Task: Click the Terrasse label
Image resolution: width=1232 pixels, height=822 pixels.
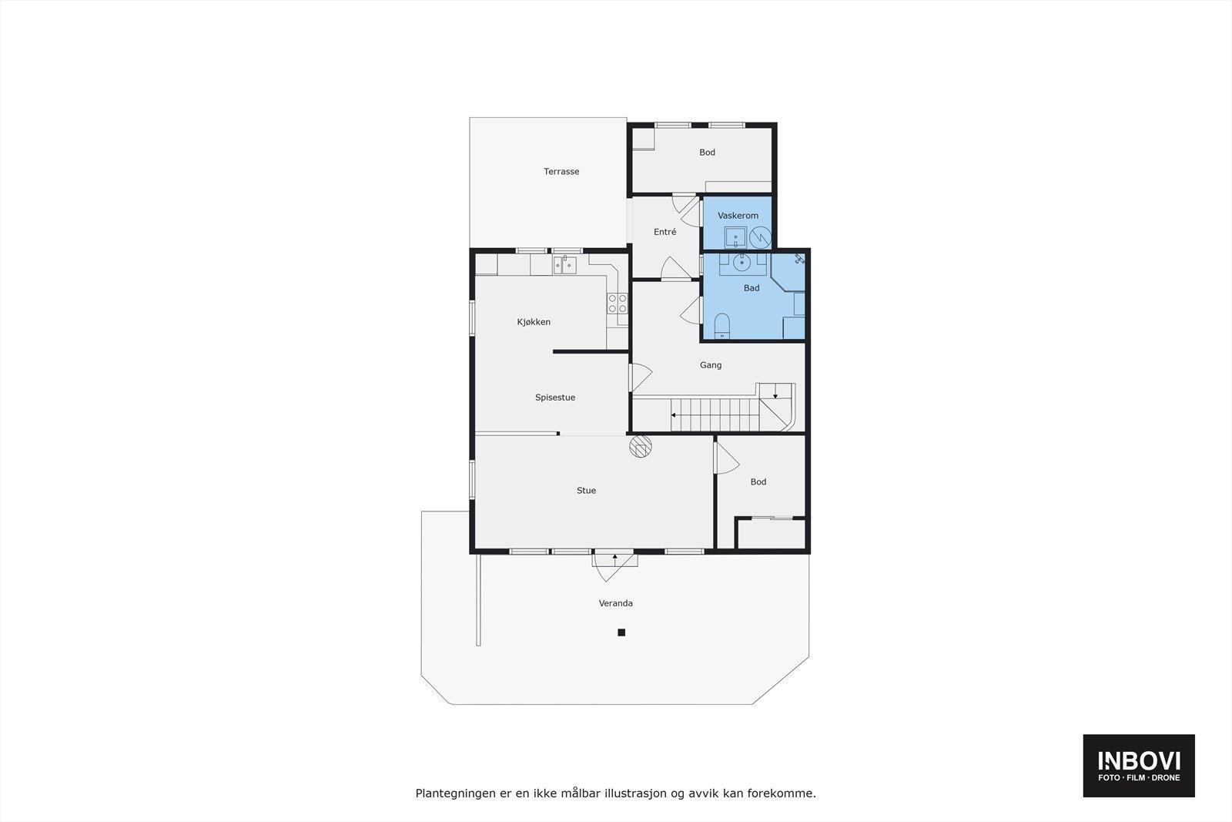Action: [561, 172]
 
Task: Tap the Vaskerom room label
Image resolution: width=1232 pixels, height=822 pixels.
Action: [738, 216]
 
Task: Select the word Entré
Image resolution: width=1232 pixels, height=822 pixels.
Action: [665, 232]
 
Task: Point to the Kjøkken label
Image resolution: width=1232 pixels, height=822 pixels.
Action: [534, 322]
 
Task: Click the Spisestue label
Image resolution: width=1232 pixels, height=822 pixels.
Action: [555, 398]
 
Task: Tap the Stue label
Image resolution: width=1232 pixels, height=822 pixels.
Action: [586, 491]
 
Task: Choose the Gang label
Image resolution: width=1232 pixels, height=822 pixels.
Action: [710, 365]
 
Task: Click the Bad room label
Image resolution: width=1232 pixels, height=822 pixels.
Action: [752, 288]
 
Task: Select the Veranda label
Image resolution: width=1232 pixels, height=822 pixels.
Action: [616, 603]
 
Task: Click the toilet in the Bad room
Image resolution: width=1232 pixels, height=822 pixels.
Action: [722, 326]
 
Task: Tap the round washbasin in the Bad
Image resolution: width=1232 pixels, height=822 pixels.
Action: [742, 263]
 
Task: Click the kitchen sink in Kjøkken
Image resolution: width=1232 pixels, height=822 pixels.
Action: [564, 266]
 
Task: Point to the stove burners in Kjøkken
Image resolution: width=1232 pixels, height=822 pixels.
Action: [618, 304]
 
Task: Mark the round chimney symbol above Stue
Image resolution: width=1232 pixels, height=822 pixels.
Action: [641, 447]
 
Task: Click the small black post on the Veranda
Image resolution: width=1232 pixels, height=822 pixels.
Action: [621, 632]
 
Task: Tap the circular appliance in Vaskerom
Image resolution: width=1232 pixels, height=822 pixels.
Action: [760, 237]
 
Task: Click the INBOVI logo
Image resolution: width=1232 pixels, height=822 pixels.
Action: [1139, 765]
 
